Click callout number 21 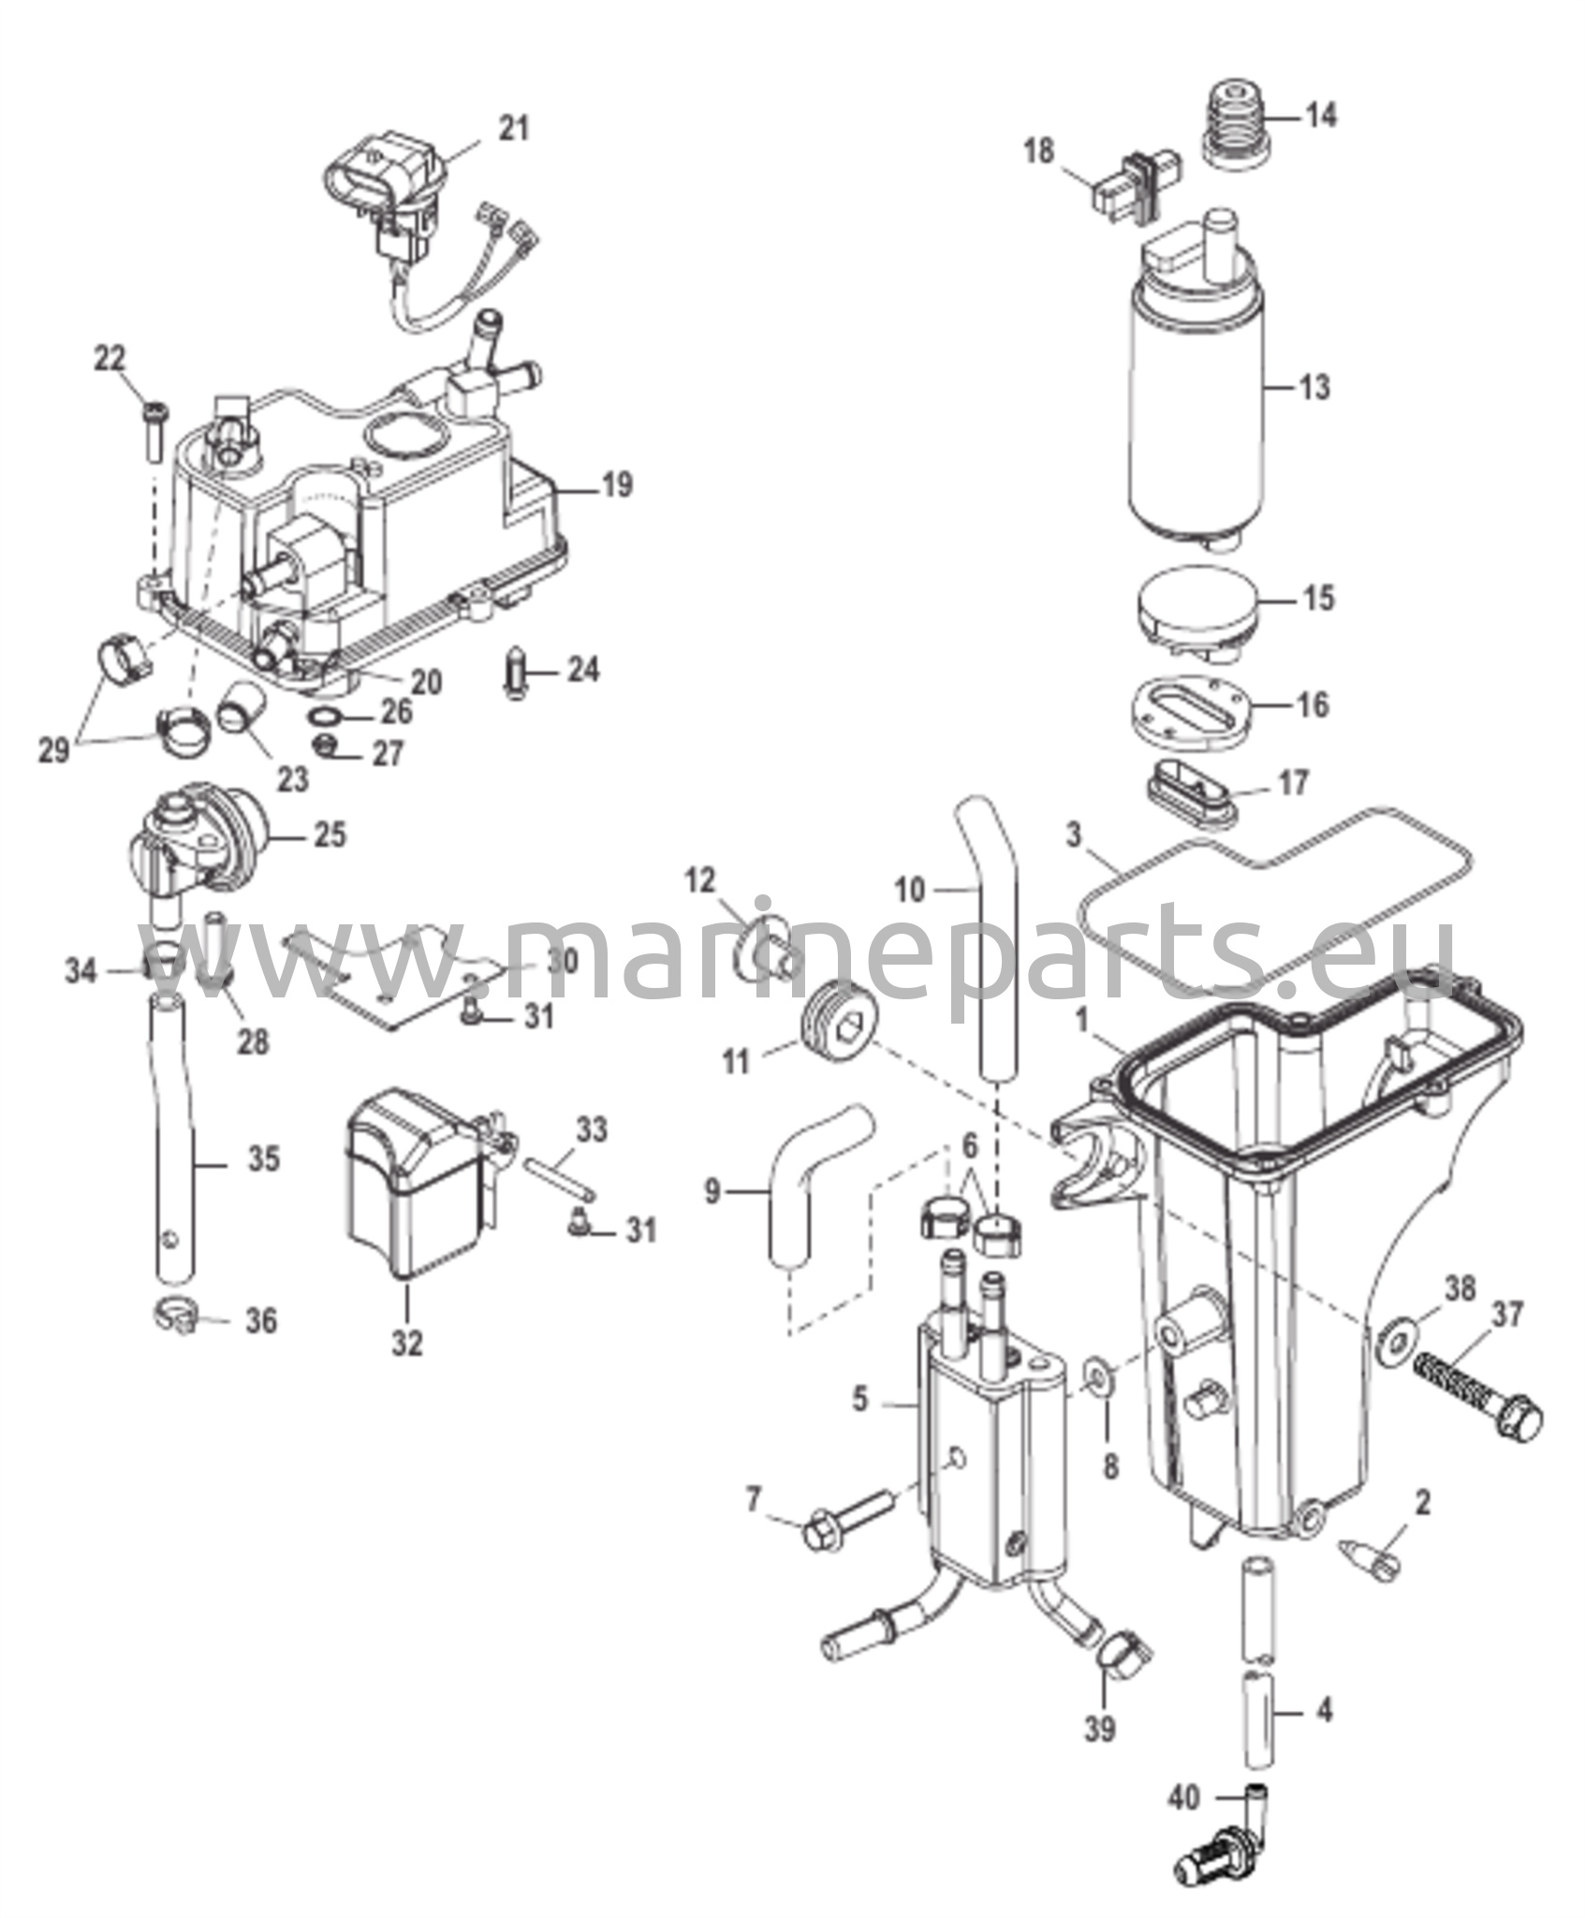[x=512, y=128]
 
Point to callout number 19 [x=616, y=485]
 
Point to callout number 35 [x=263, y=1159]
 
